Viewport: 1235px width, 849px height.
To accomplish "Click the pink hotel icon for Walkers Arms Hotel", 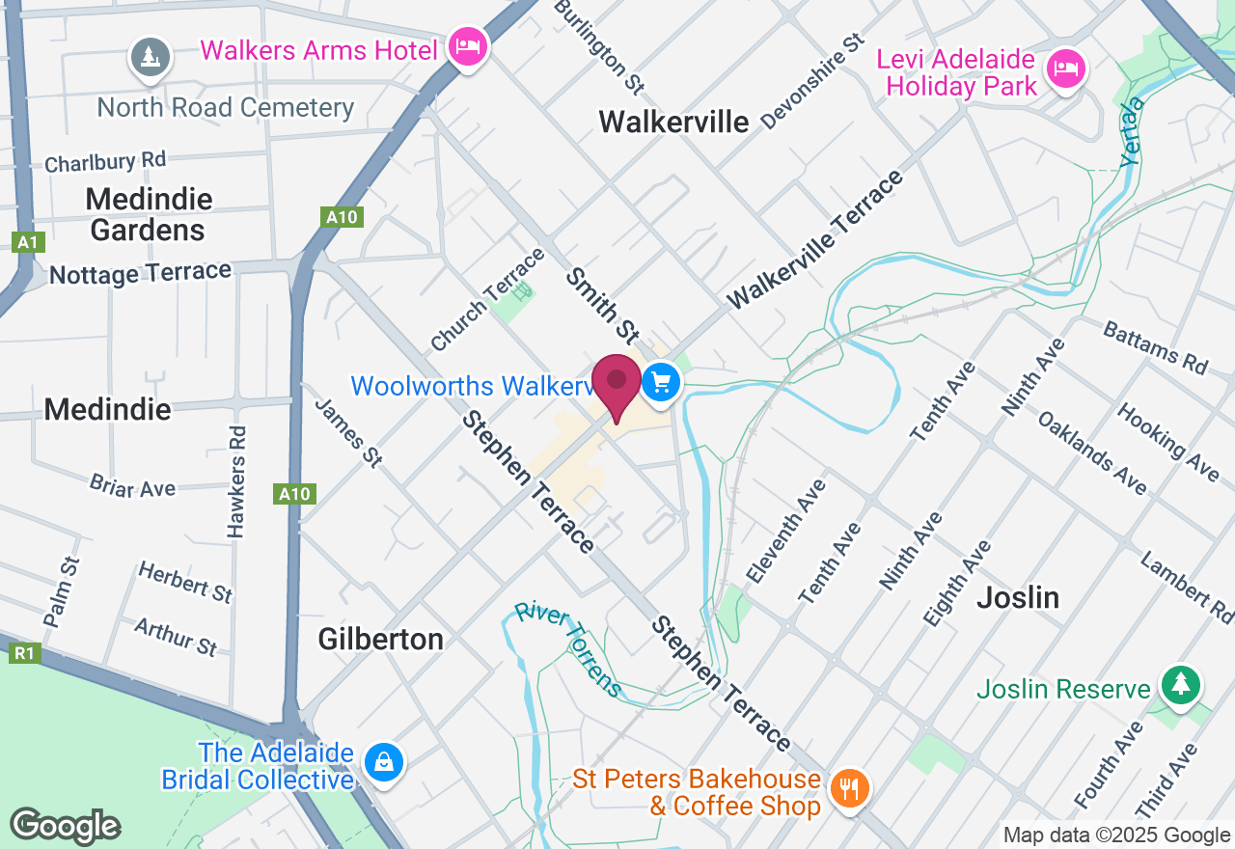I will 468,47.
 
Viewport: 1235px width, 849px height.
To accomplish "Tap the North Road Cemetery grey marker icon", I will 151,58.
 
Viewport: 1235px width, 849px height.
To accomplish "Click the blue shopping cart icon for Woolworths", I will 661,383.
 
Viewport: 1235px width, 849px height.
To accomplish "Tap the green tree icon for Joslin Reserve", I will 1180,686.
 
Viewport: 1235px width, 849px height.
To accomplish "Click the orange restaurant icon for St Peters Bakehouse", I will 849,789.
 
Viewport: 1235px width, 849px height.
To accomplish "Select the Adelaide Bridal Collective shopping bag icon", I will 384,763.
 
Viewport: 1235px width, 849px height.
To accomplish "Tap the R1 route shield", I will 24,653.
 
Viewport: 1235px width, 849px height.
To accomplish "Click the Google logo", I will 65,826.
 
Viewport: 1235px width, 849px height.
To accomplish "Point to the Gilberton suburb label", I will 380,639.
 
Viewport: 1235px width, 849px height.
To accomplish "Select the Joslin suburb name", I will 1018,597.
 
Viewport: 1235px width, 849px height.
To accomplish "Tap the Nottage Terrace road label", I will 140,274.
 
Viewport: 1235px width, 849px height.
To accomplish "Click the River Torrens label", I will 569,647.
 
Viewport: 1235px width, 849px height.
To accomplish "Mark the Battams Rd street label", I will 1155,346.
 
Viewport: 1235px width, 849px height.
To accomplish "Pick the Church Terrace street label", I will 486,299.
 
